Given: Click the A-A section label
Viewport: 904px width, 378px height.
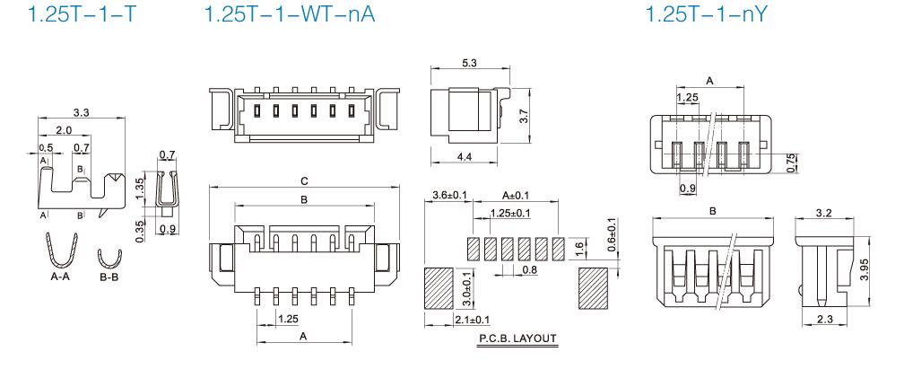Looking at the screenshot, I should [x=62, y=278].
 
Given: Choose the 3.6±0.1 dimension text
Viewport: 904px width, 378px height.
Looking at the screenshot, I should [x=448, y=195].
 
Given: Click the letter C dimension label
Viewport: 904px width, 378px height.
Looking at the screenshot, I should [x=304, y=180].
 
